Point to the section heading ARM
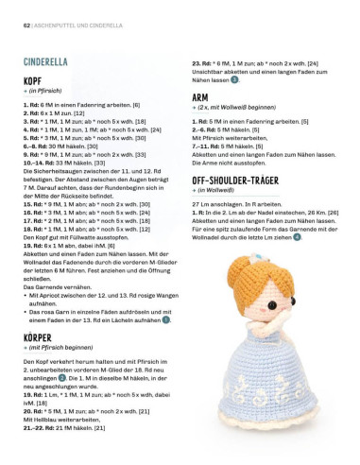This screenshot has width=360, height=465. tap(200, 96)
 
